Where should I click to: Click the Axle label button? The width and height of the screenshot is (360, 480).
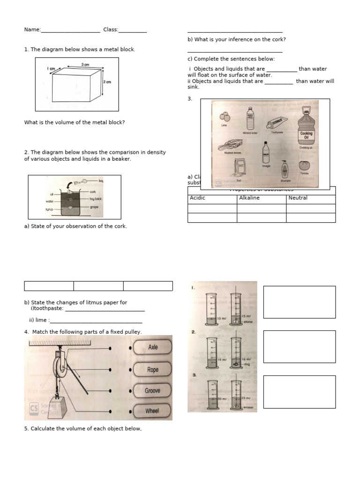pos(153,347)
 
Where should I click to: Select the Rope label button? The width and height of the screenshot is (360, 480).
pos(153,369)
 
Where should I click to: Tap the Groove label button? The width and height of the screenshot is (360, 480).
pos(153,390)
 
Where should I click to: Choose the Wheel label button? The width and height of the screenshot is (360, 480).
pos(152,411)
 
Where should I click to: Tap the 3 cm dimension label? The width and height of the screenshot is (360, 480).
pos(85,64)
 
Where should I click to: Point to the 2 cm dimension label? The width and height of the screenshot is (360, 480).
pos(107,82)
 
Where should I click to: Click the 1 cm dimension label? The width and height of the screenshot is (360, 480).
pos(51,68)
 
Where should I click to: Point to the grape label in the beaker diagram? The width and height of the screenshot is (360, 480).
pos(94,207)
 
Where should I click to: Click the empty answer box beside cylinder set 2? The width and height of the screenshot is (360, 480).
pos(299,346)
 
